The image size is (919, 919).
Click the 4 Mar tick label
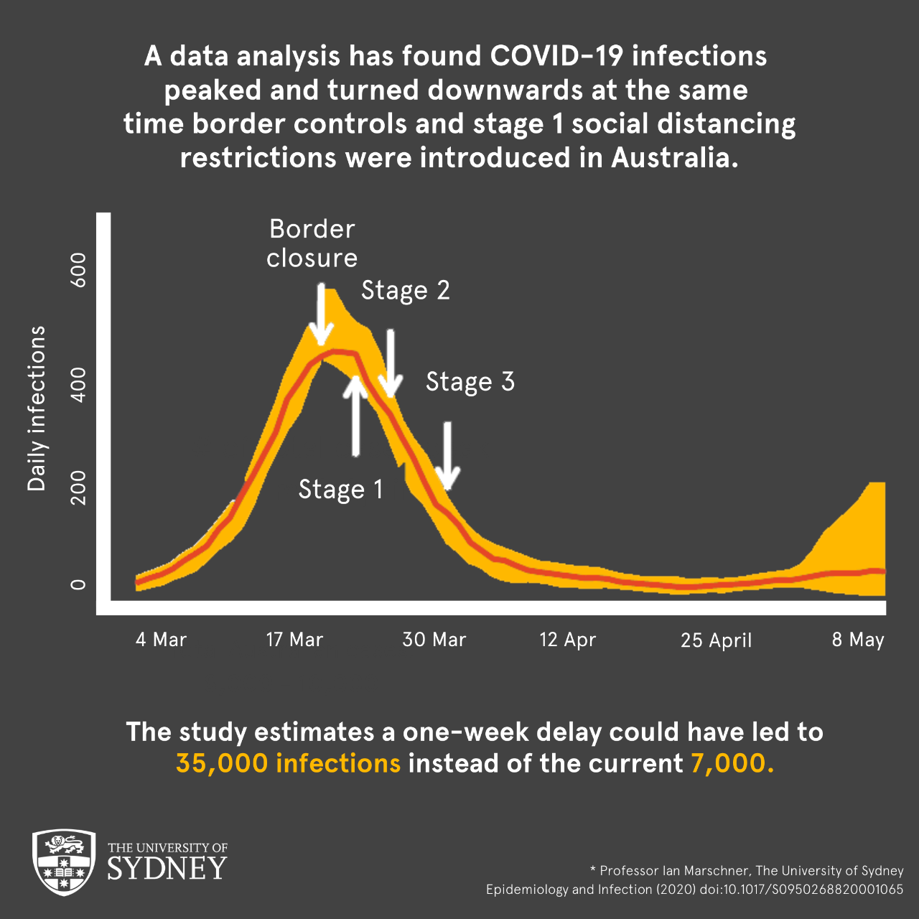pyautogui.click(x=161, y=639)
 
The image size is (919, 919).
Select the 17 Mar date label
pyautogui.click(x=294, y=639)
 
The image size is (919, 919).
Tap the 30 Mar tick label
pyautogui.click(x=434, y=639)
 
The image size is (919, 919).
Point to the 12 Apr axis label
pyautogui.click(x=567, y=639)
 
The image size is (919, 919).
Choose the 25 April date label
pyautogui.click(x=716, y=640)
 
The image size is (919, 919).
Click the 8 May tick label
pyautogui.click(x=858, y=639)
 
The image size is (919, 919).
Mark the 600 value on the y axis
pyautogui.click(x=79, y=270)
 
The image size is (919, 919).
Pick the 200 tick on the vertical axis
pyautogui.click(x=79, y=488)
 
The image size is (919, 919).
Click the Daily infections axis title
pyautogui.click(x=37, y=409)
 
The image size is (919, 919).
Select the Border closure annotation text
pyautogui.click(x=312, y=243)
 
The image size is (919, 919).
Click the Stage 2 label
pyautogui.click(x=406, y=290)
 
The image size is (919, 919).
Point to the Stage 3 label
pyautogui.click(x=470, y=381)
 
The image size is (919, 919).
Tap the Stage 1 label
pyautogui.click(x=341, y=489)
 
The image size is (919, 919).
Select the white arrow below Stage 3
pyautogui.click(x=447, y=455)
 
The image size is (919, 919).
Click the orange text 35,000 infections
pyautogui.click(x=288, y=763)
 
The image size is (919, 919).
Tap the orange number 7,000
pyautogui.click(x=732, y=763)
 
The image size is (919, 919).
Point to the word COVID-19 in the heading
pyautogui.click(x=556, y=56)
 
